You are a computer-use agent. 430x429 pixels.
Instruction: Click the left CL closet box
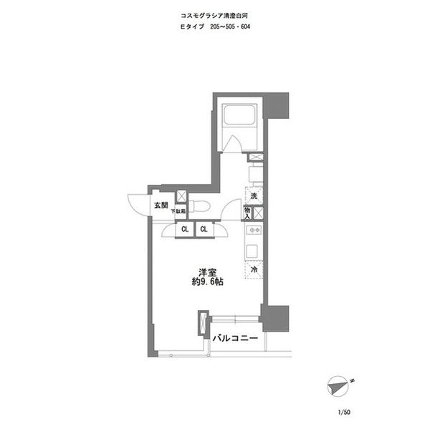click(x=184, y=229)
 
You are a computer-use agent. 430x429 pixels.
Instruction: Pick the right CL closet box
click(x=203, y=229)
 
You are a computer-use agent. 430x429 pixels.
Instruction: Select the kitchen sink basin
click(x=252, y=251)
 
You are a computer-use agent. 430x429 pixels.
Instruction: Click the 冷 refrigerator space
click(x=254, y=270)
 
